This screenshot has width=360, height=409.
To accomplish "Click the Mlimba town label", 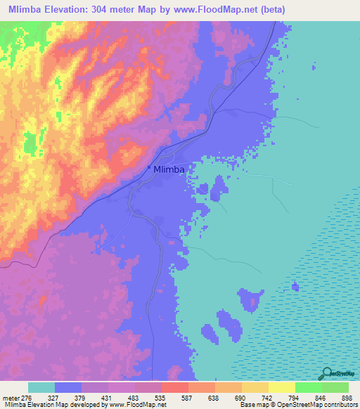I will tap(169, 169).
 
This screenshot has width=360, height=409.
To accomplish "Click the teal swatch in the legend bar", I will tap(41, 387).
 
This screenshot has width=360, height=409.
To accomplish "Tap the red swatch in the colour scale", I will tap(175, 387).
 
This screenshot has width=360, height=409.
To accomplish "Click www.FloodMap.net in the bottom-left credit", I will tap(139, 405).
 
